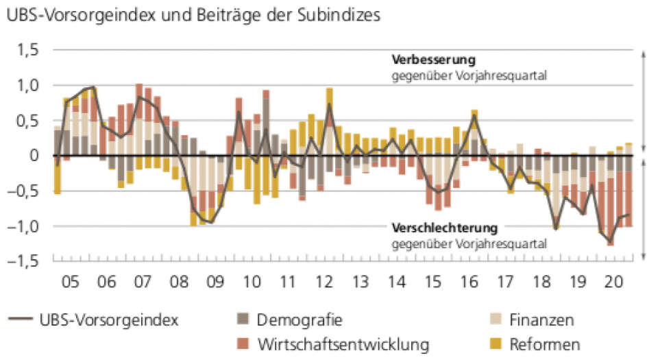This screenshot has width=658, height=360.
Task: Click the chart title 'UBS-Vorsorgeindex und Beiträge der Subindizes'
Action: click(193, 16)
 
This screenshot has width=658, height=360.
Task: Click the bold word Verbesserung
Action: click(432, 60)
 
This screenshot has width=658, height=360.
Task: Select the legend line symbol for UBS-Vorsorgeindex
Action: click(22, 320)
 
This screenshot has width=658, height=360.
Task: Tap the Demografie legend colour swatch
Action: click(243, 320)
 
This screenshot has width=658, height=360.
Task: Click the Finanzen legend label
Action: click(541, 320)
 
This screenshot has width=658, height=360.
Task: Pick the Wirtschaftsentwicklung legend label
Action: click(343, 343)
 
